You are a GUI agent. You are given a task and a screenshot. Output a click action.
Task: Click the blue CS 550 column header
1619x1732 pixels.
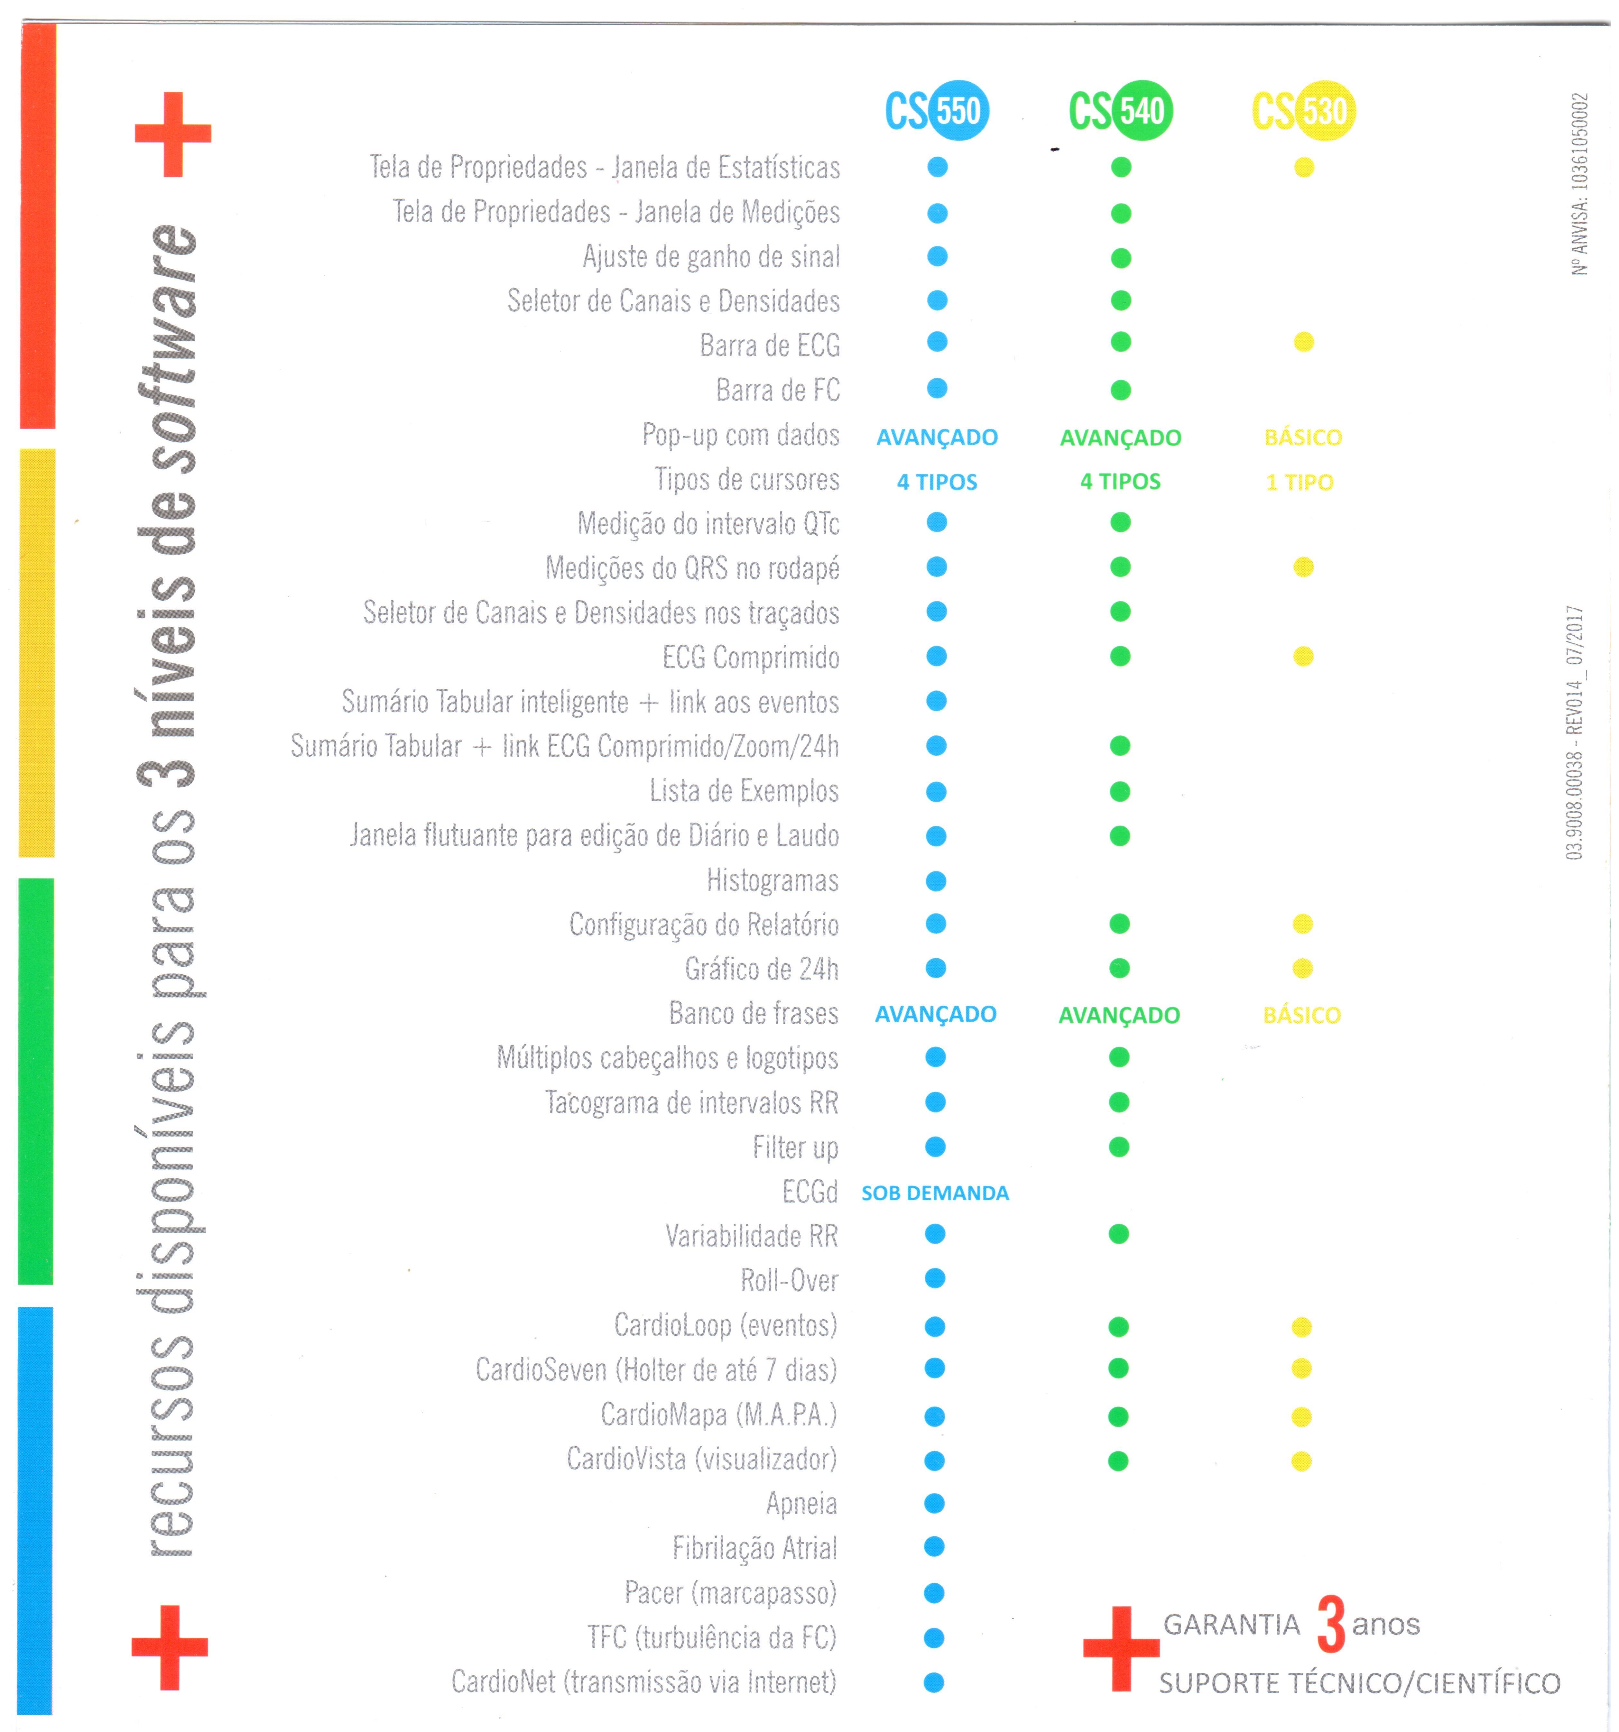coord(937,111)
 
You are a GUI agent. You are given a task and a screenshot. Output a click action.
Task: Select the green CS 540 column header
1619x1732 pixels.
coord(1121,111)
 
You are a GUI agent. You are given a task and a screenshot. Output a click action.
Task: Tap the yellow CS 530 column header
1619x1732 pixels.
coord(1304,111)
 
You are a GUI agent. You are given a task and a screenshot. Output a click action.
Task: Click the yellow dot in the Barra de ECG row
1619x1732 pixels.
coord(1304,342)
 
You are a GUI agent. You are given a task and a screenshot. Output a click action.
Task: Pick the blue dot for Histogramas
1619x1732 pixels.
coord(936,882)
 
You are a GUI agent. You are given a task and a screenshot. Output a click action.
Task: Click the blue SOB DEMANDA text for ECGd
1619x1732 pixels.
coord(935,1193)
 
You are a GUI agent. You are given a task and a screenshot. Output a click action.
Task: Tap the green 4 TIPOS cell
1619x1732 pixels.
coord(1121,482)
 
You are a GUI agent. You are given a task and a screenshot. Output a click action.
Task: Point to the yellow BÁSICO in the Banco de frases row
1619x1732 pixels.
coord(1302,1015)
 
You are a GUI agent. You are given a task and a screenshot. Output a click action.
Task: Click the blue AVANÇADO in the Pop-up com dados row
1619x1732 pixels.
coord(937,438)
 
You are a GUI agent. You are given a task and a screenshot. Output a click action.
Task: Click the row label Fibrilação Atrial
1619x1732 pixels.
coord(754,1548)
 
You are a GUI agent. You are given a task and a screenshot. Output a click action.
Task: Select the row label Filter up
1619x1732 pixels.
coord(795,1147)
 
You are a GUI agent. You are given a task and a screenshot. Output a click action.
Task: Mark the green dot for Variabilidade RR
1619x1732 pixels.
coord(1119,1234)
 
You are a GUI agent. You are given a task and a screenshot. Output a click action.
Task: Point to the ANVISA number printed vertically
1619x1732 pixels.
coord(1580,183)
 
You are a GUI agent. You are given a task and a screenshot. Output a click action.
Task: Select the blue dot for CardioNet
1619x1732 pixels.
coord(934,1682)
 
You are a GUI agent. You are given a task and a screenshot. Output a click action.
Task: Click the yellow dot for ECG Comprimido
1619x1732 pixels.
coord(1304,657)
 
